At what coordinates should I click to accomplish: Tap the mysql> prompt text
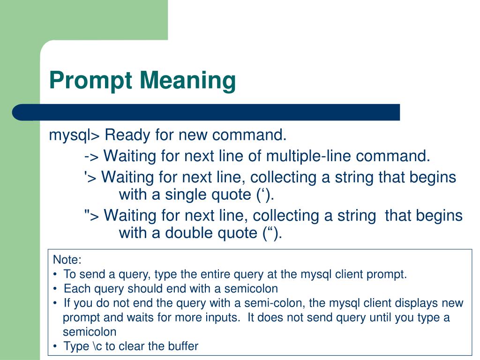pyautogui.click(x=75, y=136)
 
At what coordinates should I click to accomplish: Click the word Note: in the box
pyautogui.click(x=67, y=260)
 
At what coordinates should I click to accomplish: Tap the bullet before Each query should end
pyautogui.click(x=56, y=288)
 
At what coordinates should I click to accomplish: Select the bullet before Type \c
pyautogui.click(x=56, y=346)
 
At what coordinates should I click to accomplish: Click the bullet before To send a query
pyautogui.click(x=56, y=274)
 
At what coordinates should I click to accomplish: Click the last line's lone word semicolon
pyautogui.click(x=90, y=332)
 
